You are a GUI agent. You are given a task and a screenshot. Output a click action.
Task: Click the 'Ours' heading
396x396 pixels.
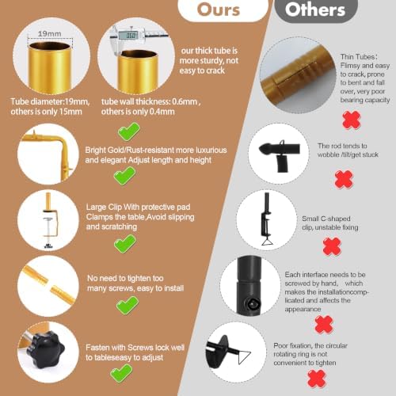pos(219,10)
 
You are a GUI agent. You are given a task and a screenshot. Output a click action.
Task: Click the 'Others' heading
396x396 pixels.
pos(315,10)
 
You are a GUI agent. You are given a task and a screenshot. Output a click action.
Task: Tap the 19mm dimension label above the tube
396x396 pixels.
pos(50,34)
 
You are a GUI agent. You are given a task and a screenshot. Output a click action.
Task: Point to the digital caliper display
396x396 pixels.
pos(128,35)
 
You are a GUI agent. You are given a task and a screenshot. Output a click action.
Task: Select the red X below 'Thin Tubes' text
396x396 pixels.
pos(352,120)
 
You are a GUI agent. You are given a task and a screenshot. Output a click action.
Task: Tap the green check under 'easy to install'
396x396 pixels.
pos(128,305)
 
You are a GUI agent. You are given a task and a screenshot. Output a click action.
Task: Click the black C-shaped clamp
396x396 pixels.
pos(266,219)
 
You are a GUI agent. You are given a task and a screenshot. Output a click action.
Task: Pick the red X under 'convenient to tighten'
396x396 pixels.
pos(317,379)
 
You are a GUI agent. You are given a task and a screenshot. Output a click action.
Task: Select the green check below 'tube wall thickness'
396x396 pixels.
pos(128,131)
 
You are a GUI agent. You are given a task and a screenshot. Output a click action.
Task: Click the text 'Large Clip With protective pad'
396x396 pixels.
pos(138,207)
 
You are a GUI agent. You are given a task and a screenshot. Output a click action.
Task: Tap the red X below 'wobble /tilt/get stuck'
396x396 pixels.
pos(344,179)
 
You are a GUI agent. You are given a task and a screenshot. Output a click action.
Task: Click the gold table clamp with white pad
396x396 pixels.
pos(49,220)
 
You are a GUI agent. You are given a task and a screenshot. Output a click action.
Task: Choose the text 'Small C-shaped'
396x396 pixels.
pos(326,219)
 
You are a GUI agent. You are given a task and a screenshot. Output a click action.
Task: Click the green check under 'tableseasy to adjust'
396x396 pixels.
pos(121,373)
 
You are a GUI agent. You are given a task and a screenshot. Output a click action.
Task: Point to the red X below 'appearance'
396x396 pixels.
pos(324,324)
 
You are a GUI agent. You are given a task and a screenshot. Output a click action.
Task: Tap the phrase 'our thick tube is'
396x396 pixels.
pos(209,51)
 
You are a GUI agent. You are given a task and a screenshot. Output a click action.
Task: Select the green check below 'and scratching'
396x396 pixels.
pos(125,243)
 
